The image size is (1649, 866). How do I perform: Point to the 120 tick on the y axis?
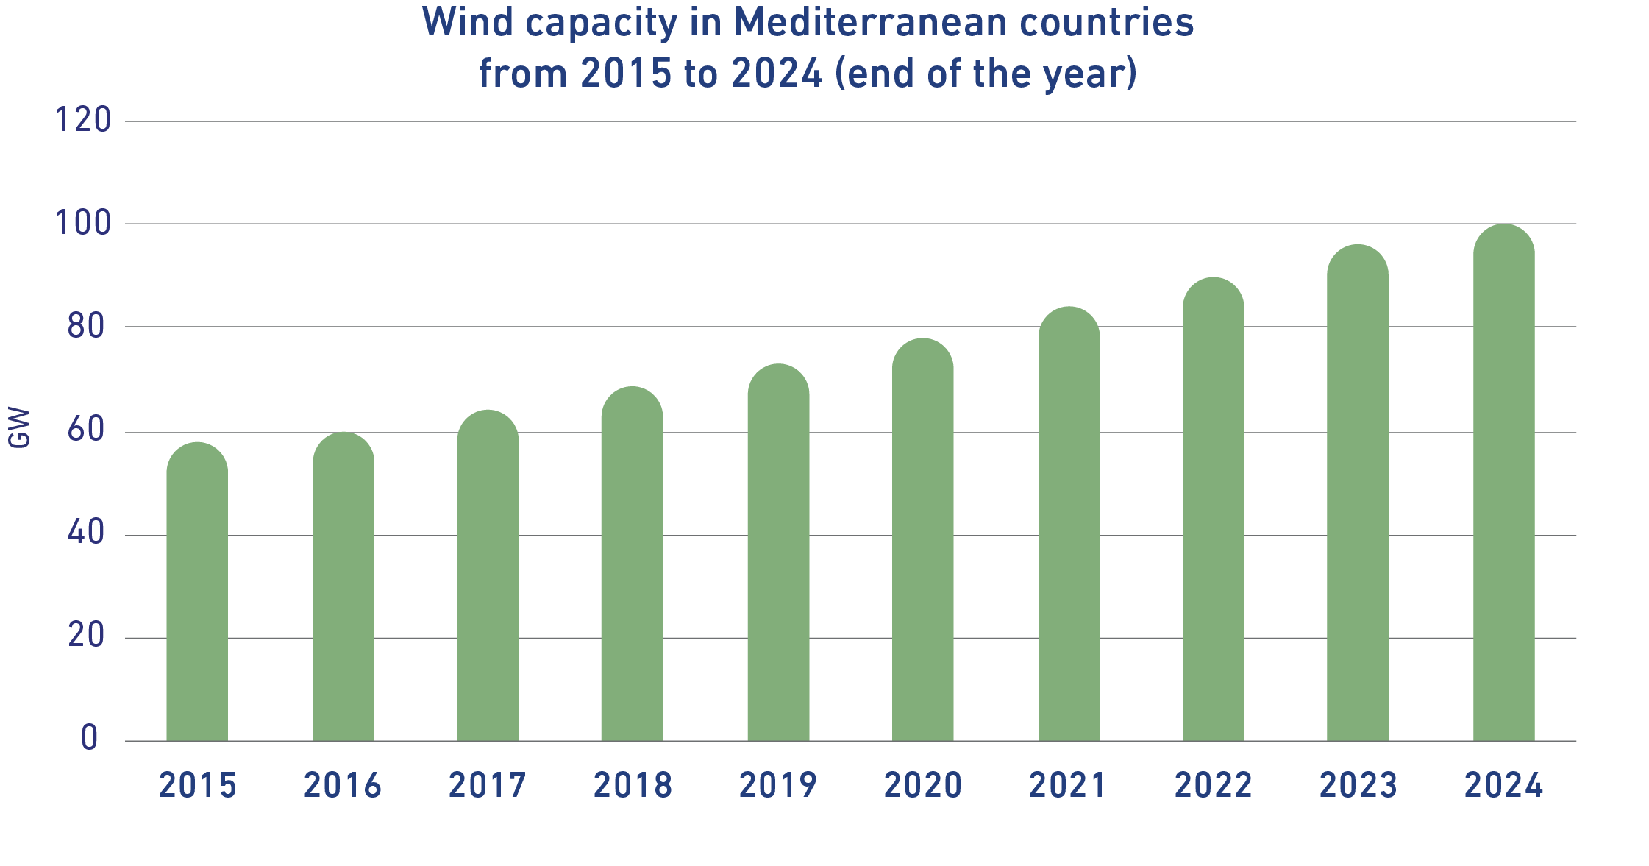(x=83, y=120)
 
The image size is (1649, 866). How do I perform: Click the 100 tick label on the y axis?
(x=83, y=223)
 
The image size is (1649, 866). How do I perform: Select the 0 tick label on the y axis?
(x=90, y=738)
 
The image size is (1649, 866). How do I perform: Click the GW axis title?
(x=20, y=427)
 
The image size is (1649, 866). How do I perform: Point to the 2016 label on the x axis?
(x=343, y=786)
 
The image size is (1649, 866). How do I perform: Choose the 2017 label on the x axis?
(x=488, y=786)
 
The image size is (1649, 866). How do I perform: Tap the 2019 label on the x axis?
(x=778, y=786)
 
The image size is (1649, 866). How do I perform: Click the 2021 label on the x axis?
(x=1068, y=786)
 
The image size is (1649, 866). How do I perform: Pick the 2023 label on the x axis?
(x=1358, y=786)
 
